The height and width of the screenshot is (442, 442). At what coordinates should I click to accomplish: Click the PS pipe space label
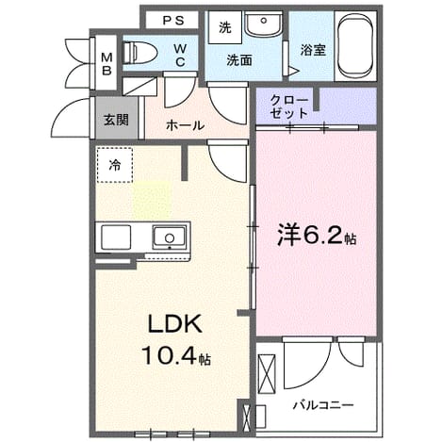(173, 21)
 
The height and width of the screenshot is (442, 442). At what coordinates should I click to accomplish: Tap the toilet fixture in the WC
(140, 52)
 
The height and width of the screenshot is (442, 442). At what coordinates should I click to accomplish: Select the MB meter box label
(106, 64)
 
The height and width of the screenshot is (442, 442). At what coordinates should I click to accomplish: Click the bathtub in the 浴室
(355, 46)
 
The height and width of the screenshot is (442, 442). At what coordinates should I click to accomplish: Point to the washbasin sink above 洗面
(263, 24)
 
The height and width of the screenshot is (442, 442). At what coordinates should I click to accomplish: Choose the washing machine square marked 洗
(225, 27)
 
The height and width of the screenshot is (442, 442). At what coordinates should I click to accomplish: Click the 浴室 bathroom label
(313, 50)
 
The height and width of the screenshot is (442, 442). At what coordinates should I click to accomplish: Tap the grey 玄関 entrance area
(117, 118)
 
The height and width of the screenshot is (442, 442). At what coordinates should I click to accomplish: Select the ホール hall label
(185, 125)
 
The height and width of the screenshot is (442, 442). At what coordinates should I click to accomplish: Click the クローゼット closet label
(289, 106)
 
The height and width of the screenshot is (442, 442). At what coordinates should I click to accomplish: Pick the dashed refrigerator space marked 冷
(115, 165)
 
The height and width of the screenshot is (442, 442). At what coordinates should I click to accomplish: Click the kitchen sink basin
(170, 237)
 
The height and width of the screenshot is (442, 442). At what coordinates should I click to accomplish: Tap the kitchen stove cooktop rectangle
(116, 237)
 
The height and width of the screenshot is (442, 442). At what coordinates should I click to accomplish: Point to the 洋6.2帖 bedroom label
(317, 236)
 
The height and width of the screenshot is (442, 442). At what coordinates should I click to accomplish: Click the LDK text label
(174, 324)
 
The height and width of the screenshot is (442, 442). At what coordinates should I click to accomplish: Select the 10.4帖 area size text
(176, 355)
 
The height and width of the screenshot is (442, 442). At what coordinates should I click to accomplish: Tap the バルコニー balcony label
(323, 404)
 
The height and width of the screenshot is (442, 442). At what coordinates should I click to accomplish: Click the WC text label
(180, 56)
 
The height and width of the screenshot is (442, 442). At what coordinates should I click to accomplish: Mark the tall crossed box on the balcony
(267, 374)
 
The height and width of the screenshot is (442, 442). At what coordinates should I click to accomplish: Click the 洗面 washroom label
(239, 60)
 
